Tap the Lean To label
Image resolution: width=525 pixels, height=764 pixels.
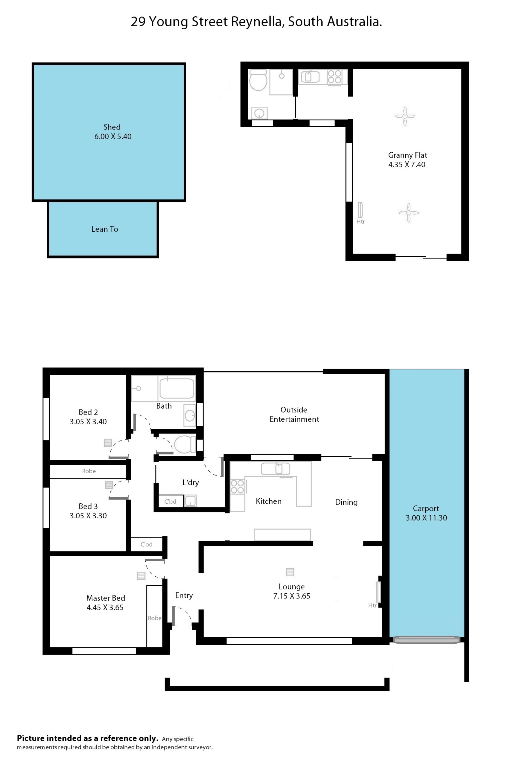105,229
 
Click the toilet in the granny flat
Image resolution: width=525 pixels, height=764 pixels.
258,80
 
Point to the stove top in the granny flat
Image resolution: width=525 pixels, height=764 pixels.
334,77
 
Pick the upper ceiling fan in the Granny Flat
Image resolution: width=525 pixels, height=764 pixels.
405,116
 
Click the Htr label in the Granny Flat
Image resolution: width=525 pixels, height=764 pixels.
360,222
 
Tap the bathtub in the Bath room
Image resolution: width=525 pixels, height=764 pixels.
177,388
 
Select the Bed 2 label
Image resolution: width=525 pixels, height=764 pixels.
88,412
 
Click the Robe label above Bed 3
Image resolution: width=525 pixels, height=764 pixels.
89,471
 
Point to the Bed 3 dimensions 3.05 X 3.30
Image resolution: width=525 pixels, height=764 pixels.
88,516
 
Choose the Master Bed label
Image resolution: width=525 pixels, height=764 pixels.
106,598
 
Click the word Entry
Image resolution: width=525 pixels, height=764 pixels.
184,595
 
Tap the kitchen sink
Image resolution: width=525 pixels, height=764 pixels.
276,469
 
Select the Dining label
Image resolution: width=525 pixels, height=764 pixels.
346,502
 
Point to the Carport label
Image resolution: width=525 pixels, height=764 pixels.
426,509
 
